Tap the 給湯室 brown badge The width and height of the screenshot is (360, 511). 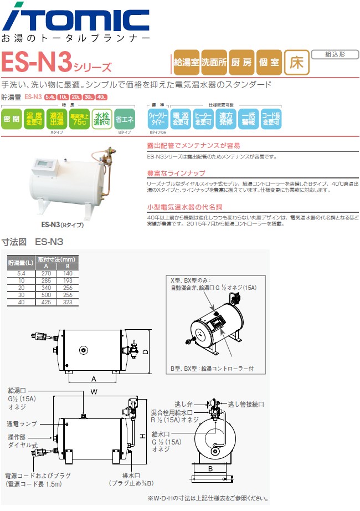tap(187, 63)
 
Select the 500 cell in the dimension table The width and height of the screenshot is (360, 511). tap(46, 296)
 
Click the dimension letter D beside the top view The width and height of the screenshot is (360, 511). tap(145, 351)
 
